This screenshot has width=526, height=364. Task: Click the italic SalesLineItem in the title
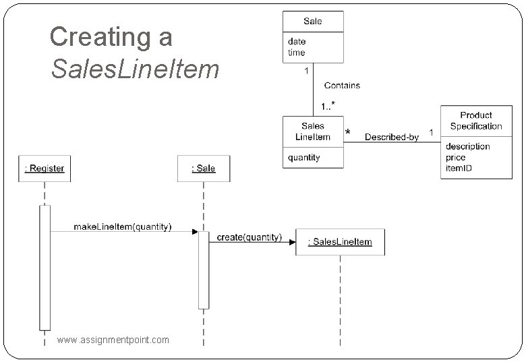pos(135,69)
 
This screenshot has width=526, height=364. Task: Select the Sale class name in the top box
pos(313,21)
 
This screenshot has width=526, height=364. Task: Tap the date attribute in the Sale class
pos(297,42)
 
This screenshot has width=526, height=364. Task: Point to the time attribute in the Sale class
pos(297,53)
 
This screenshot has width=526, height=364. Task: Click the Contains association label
pos(342,86)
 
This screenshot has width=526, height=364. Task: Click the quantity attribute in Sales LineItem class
pos(304,158)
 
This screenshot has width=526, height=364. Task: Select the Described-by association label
pos(392,137)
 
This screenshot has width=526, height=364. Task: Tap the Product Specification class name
pos(476,121)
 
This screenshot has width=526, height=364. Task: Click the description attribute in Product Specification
pos(467,146)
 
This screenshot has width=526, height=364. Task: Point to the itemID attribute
pos(459,167)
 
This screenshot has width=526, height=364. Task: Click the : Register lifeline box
pos(45,168)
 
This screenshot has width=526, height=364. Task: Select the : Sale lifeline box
pos(204,168)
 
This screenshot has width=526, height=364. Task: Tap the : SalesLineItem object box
pos(340,242)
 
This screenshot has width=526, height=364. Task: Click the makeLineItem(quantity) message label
pos(123,226)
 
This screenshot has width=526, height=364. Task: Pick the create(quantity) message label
pos(250,237)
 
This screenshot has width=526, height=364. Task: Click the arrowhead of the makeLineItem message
pos(195,232)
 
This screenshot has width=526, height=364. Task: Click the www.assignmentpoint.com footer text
pos(113,340)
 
